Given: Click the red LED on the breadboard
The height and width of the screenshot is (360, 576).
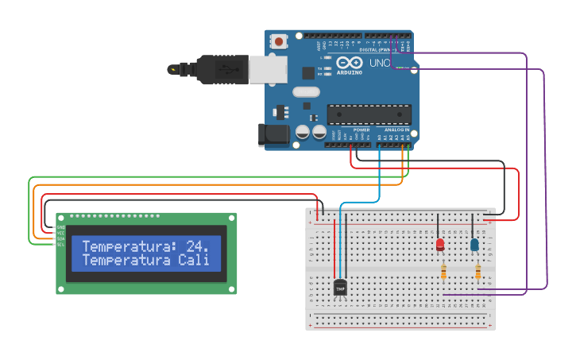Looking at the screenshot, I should [440, 245].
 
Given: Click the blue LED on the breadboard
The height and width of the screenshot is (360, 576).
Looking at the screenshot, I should [474, 245].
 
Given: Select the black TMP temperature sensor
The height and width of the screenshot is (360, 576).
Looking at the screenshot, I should [340, 288].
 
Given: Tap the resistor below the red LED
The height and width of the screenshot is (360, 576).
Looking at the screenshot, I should [443, 273].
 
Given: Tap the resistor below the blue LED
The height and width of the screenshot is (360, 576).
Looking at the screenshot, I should [477, 273].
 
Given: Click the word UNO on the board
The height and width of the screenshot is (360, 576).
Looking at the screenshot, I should [380, 63].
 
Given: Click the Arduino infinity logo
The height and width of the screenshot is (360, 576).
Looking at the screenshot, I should [349, 63].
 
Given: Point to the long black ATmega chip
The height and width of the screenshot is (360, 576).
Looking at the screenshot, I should [369, 114].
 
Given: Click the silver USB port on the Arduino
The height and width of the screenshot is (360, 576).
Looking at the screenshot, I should [268, 70].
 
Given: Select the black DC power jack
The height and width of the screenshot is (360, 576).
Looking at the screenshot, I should [273, 135].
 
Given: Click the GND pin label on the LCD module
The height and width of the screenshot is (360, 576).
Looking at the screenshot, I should [60, 227].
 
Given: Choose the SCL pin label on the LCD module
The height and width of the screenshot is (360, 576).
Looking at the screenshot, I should [60, 244].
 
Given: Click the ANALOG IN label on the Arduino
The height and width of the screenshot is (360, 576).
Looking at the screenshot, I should [397, 130].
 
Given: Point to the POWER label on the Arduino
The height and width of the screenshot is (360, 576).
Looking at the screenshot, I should [361, 130].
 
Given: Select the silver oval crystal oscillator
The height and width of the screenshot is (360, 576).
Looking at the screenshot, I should [306, 91].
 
